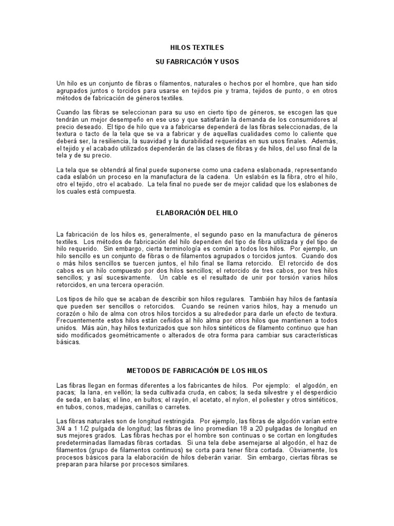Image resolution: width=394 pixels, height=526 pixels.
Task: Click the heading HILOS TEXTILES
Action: point(197,48)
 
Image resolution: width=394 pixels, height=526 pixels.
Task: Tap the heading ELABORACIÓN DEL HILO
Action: point(197,212)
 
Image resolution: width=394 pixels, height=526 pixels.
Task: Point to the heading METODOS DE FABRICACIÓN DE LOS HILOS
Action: point(197,370)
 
